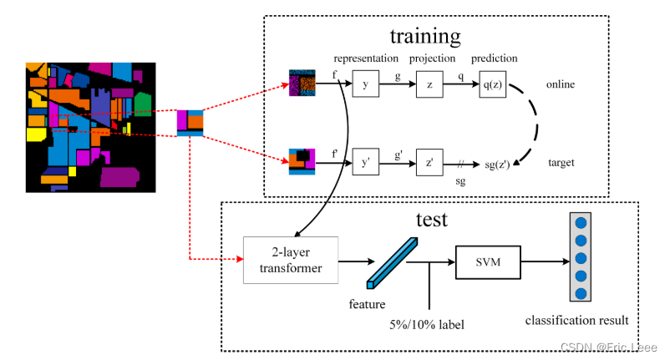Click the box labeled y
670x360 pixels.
[365, 84]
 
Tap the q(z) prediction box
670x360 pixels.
[493, 84]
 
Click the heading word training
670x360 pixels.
[425, 37]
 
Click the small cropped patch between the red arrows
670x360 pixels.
[190, 123]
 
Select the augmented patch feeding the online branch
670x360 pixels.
[302, 84]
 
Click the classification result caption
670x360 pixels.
[576, 320]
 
